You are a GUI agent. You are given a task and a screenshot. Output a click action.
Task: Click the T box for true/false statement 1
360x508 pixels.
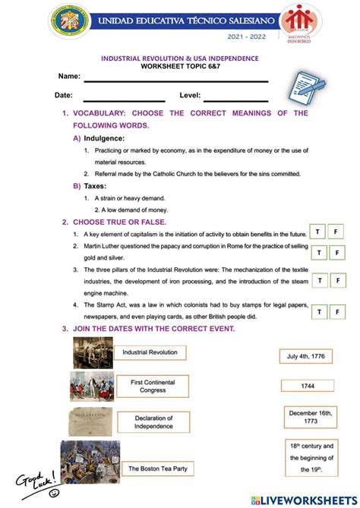(x=317, y=231)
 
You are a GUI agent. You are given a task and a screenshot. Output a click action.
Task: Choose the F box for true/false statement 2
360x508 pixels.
(x=336, y=252)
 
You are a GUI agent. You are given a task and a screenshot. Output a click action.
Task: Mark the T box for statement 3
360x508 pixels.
(x=320, y=281)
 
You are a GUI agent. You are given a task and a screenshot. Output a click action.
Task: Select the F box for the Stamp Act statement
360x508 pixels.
(x=336, y=311)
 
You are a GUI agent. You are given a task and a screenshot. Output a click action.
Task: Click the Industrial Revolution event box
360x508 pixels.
(x=150, y=352)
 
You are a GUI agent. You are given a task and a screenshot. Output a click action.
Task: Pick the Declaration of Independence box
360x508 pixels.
(x=154, y=422)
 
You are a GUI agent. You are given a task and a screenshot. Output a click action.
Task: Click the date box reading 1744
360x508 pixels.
(x=307, y=386)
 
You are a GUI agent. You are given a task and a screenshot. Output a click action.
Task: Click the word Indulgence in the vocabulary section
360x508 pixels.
(x=104, y=138)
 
